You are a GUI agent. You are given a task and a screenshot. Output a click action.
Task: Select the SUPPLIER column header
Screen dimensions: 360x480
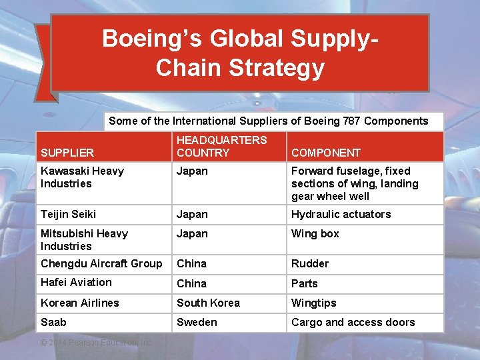67,153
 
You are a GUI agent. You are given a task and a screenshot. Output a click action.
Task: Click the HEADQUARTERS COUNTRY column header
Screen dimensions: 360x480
221,146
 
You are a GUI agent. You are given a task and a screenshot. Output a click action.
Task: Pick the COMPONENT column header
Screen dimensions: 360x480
326,153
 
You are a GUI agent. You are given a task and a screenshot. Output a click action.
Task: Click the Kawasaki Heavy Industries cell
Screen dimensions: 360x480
82,177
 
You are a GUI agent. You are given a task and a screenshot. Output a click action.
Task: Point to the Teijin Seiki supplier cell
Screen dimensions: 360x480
68,214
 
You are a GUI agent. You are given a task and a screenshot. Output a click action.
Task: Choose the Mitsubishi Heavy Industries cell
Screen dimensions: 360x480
84,239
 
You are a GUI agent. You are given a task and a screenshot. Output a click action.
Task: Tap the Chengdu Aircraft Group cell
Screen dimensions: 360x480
101,263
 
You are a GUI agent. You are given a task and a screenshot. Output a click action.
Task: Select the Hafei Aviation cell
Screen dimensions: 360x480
76,283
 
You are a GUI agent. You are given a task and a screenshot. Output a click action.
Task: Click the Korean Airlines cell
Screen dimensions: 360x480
80,303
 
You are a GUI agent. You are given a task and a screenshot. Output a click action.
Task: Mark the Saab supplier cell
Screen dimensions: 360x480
53,322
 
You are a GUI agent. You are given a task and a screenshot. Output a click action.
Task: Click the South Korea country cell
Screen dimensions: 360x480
208,303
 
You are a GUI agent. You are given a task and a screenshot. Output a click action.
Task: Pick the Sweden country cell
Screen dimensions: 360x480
197,322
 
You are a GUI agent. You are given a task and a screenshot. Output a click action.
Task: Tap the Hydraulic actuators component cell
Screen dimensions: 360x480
341,214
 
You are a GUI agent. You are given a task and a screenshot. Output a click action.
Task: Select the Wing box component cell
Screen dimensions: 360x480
315,233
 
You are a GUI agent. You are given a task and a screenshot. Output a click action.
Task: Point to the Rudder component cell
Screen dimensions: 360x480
310,263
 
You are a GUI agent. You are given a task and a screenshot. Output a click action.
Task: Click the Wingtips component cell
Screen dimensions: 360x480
313,303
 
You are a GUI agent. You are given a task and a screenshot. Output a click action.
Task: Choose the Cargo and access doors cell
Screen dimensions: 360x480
353,322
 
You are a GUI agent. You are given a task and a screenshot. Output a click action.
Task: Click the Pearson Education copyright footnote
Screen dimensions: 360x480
96,342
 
